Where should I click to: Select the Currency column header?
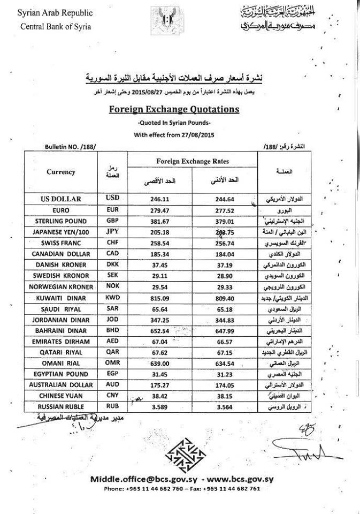(x=61, y=172)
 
